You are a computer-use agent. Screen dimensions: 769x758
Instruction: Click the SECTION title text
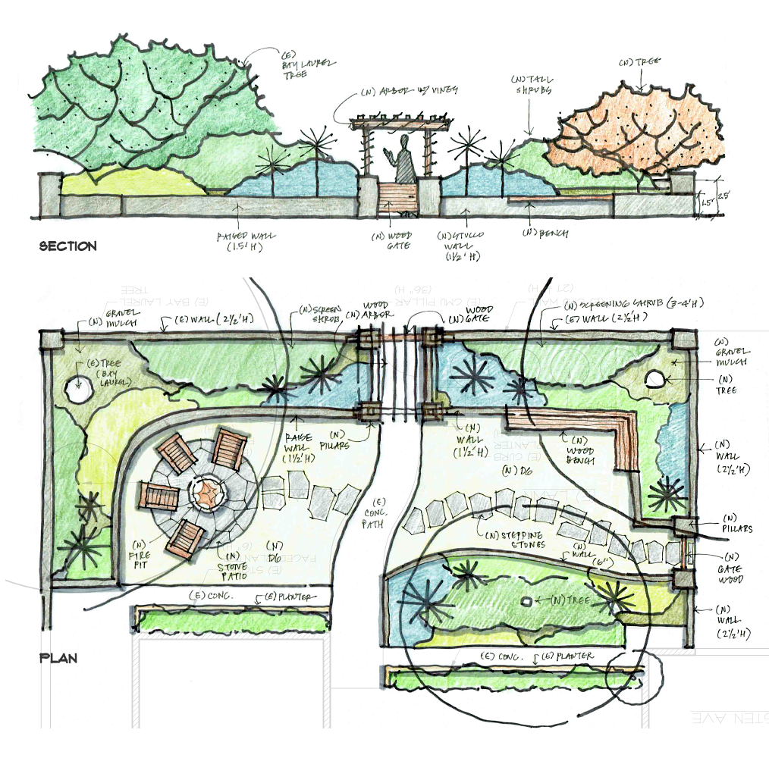pos(67,246)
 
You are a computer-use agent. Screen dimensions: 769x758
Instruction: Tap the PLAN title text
pos(58,658)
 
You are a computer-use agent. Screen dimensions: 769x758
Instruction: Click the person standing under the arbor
pos(403,160)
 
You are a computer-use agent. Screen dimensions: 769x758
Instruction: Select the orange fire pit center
pos(208,494)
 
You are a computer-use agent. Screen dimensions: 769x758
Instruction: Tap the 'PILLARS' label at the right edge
pos(733,523)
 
